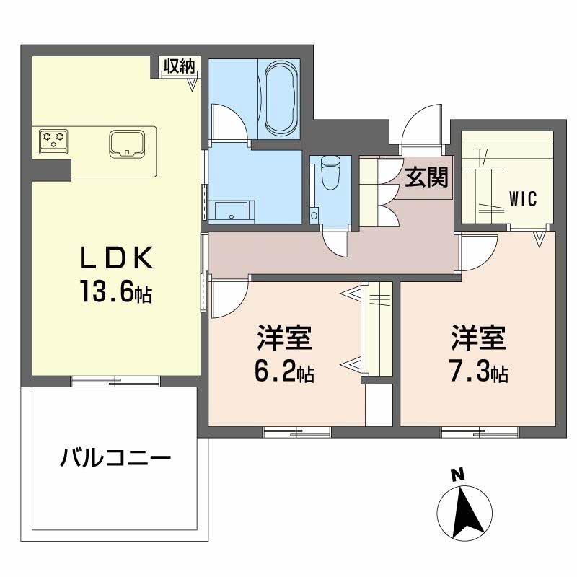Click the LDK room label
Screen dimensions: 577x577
point(116,257)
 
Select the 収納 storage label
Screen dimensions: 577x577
point(179,66)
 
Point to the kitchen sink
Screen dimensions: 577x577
point(127,144)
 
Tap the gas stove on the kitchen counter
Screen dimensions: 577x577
point(53,141)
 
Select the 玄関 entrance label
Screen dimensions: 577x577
point(426,177)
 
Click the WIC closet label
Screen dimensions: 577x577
point(523,199)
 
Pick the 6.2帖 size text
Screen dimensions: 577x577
point(284,373)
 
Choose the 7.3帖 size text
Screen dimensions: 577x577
point(478,373)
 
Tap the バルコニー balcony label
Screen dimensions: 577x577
point(115,458)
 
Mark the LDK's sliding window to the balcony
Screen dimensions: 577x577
point(115,382)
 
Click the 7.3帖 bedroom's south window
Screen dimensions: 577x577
point(480,432)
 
